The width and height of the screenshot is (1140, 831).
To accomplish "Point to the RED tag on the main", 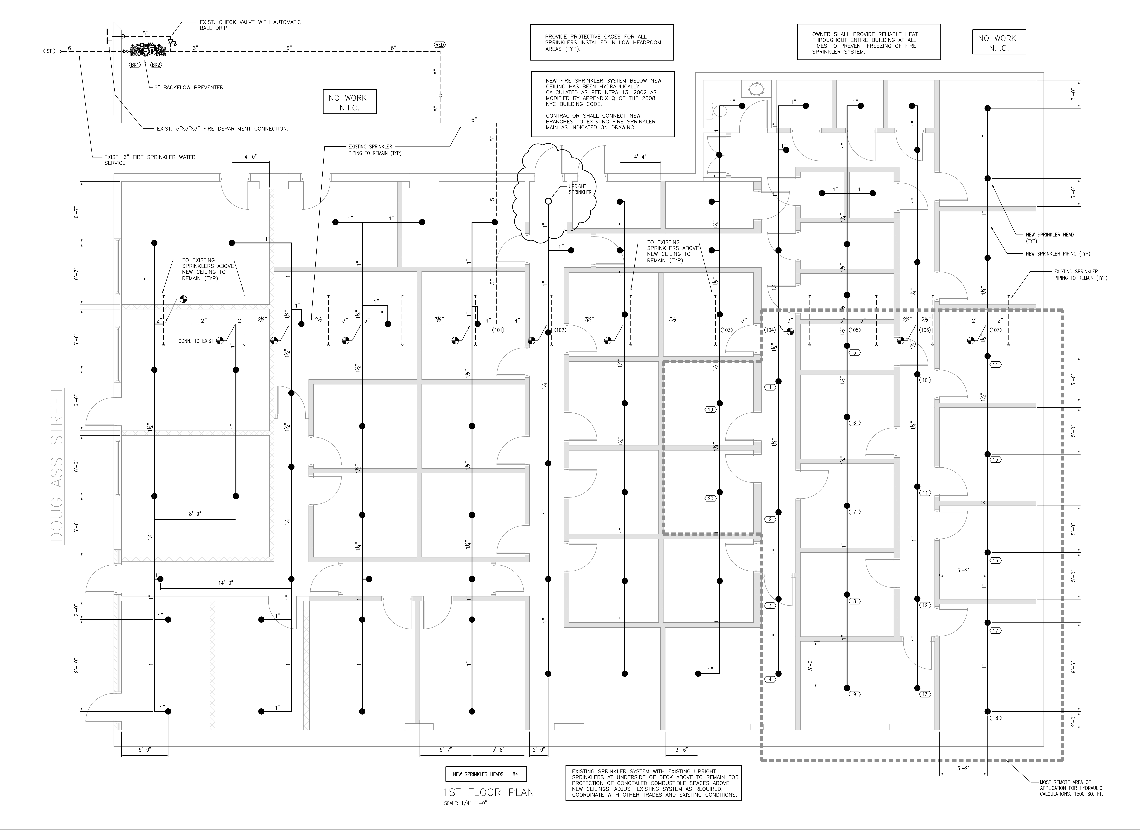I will point(439,45).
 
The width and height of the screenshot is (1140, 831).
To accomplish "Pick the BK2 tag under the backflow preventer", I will point(156,65).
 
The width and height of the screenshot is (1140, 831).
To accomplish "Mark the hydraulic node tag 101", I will point(498,331).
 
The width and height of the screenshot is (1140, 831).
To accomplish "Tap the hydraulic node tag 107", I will point(995,331).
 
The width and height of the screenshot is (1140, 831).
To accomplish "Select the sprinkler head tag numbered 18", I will point(995,718).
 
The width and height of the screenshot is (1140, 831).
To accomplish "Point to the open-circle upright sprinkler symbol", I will point(548,201).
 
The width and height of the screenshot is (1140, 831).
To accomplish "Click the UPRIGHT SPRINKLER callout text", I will point(580,189).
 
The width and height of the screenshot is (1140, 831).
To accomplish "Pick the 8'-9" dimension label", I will point(194,514).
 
